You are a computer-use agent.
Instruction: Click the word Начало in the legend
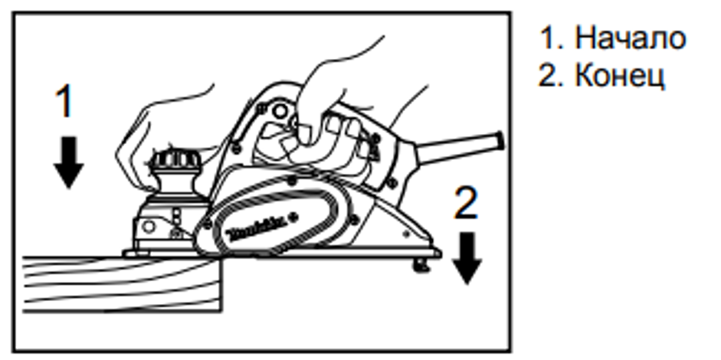(631, 38)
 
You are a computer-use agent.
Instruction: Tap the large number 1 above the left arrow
(64, 102)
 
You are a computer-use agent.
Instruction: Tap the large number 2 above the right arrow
(467, 202)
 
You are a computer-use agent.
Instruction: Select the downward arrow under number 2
(467, 258)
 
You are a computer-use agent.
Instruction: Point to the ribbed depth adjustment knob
(176, 160)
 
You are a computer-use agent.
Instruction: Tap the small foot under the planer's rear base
(421, 265)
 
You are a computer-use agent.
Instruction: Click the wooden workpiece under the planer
(123, 284)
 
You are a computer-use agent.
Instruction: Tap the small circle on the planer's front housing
(149, 226)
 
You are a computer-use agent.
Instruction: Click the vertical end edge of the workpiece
(222, 285)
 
